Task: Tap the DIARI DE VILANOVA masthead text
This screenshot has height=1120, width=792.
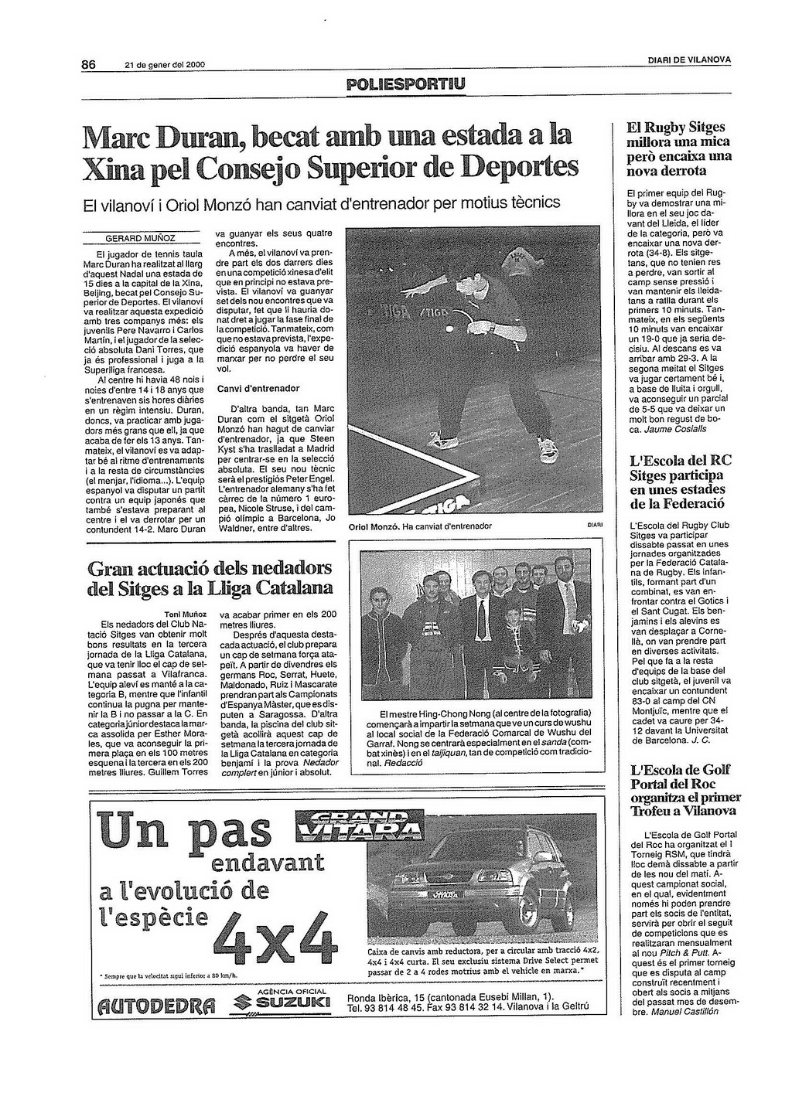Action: click(689, 60)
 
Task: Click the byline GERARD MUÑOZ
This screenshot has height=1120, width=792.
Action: click(141, 238)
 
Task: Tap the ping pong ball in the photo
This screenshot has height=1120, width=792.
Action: click(450, 329)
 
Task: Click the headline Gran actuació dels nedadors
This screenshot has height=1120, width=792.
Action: click(210, 569)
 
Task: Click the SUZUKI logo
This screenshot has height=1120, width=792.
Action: click(282, 1003)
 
